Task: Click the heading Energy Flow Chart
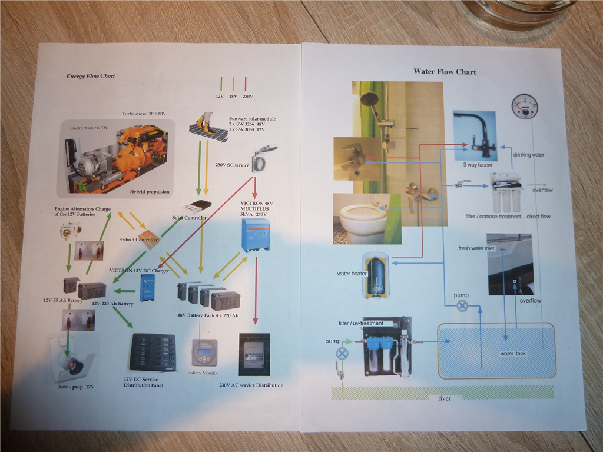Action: (x=90, y=76)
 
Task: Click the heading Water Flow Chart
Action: (x=445, y=72)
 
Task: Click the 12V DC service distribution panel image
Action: (x=153, y=353)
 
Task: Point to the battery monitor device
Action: (x=204, y=352)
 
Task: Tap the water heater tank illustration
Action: (x=376, y=274)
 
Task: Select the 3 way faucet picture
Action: (x=475, y=136)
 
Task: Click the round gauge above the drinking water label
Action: (x=525, y=107)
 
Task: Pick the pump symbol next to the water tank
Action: (x=463, y=305)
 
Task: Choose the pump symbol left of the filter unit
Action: (x=342, y=353)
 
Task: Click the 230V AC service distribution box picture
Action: (x=254, y=354)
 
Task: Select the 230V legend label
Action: (x=247, y=95)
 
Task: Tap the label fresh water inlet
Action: (x=477, y=248)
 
